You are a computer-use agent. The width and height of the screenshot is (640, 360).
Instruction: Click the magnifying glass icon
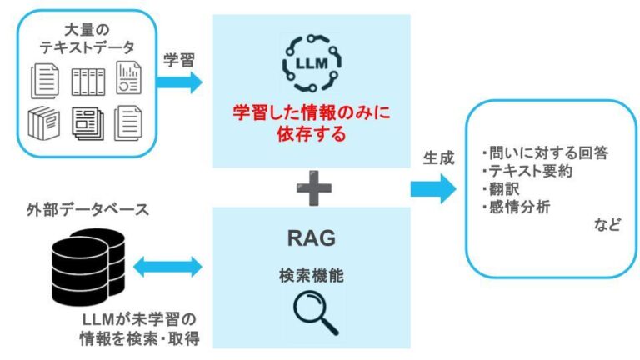coord(317,314)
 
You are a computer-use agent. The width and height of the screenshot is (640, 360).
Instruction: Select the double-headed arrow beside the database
coord(167,267)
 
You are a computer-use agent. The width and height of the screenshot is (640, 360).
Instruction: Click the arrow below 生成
coord(433,188)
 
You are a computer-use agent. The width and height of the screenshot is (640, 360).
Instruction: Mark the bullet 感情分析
coord(514,206)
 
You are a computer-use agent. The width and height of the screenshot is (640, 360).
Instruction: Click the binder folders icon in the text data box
coord(86,81)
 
